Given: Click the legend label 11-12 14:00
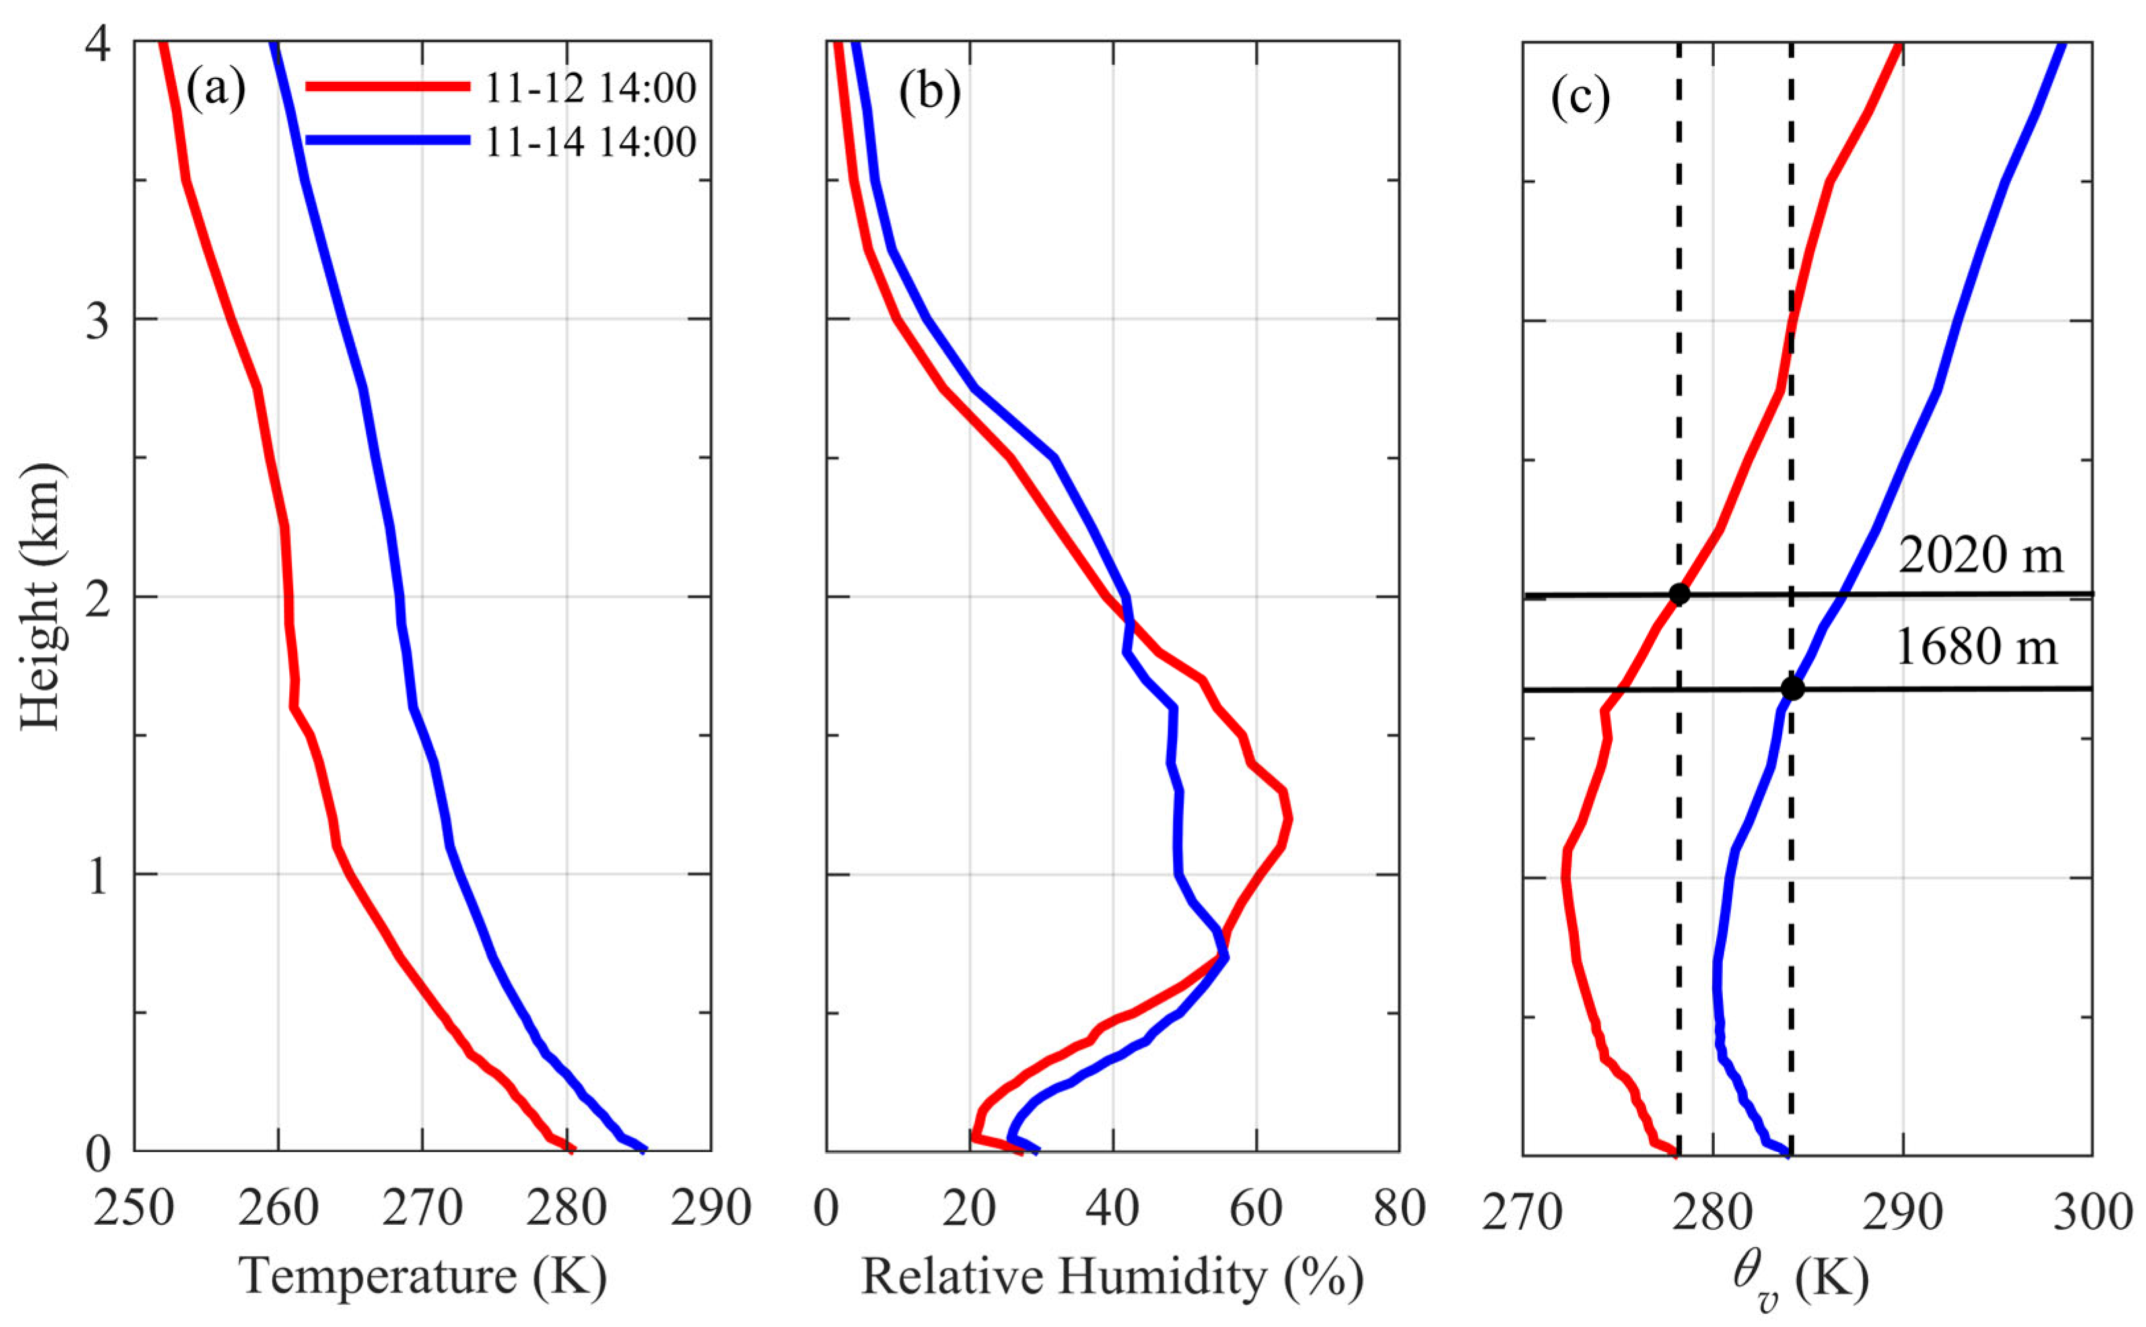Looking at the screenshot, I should (x=590, y=88).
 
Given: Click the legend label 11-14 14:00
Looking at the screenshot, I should (x=590, y=142).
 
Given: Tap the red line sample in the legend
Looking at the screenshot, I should (x=386, y=86).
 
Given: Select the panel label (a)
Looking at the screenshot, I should (x=216, y=91).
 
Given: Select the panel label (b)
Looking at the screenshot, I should (x=929, y=93).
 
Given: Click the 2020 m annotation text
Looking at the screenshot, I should (x=1980, y=555).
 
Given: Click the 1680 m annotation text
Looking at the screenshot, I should (x=1976, y=648).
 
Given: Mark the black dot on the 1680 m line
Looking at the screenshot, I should (x=1792, y=689).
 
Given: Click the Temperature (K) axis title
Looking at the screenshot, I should (x=423, y=1276).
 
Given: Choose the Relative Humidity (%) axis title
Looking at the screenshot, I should (x=1113, y=1276).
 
